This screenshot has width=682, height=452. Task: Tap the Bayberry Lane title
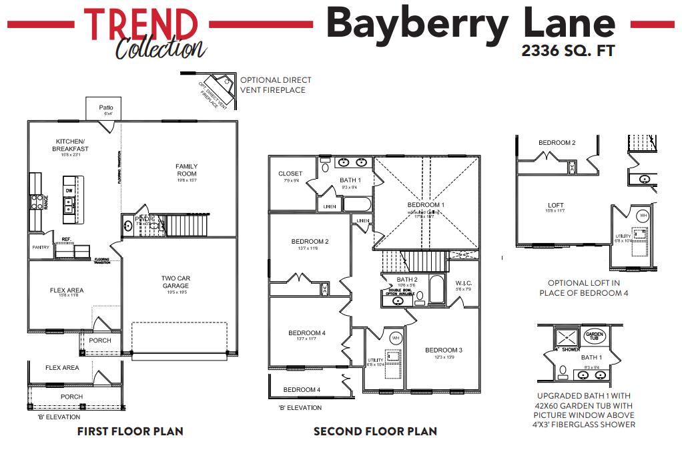click(x=470, y=23)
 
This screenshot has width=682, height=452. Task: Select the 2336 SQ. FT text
click(x=567, y=50)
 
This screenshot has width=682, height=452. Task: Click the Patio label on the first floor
click(x=106, y=107)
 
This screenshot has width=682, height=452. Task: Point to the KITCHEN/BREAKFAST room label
click(x=70, y=145)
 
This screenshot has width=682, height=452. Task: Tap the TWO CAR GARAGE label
click(x=176, y=282)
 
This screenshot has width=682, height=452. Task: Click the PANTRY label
click(x=41, y=247)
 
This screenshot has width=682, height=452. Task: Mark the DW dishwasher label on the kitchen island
click(x=69, y=190)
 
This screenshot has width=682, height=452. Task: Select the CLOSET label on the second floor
click(x=290, y=174)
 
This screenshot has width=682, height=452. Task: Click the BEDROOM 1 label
click(x=426, y=205)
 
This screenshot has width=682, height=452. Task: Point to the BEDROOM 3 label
click(x=443, y=350)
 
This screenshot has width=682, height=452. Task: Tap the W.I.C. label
click(x=464, y=282)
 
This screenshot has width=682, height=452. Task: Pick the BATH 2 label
click(x=406, y=280)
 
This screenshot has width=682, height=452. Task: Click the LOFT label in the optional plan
click(x=556, y=206)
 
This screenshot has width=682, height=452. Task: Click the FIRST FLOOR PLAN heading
click(x=130, y=431)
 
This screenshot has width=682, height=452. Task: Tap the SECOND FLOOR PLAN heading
click(x=375, y=431)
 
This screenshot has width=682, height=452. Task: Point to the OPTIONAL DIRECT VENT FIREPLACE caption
click(x=275, y=85)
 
